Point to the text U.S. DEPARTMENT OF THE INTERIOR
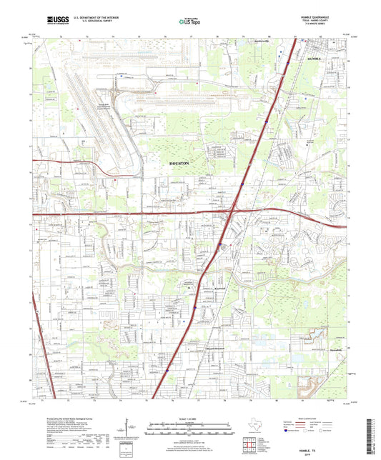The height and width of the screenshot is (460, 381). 89,18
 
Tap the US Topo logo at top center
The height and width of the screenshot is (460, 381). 188,21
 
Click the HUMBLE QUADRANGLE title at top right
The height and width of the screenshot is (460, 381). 315,16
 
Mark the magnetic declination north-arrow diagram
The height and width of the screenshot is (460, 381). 131,429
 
